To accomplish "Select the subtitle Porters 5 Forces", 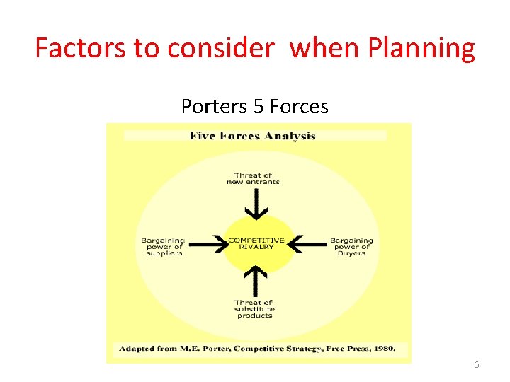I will coord(255,106).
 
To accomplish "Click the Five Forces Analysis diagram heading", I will coord(253,136).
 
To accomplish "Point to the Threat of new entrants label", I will coord(253,178).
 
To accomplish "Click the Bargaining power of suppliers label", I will coord(162,246).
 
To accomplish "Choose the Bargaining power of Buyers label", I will coord(351,246).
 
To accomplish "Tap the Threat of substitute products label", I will coord(254,308).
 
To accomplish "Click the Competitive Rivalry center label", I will coord(256,243).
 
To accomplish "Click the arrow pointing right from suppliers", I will coord(205,245).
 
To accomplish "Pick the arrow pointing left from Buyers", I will coord(307,245).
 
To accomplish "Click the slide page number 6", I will coord(476,364).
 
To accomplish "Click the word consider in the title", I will coord(221,48).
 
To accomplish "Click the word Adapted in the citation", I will coord(137,349).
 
